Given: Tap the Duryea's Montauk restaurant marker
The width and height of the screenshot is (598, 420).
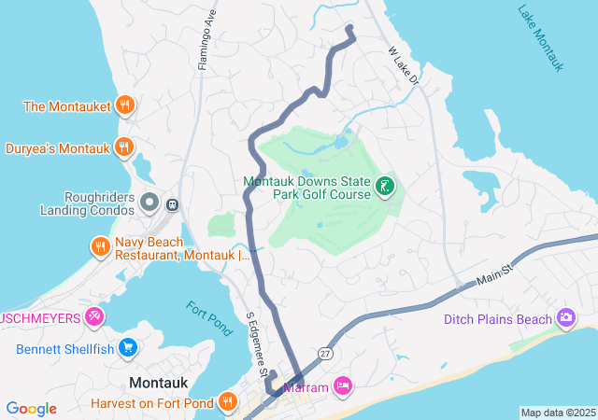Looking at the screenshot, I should coord(122,147).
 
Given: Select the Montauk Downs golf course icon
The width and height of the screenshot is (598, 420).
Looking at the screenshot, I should coord(384,187).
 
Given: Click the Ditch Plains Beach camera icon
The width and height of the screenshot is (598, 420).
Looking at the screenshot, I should coord(565,320).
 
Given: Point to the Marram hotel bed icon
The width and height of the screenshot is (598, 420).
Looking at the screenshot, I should coord(343,385).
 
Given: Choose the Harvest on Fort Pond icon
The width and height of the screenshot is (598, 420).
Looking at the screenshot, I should coord(228,402).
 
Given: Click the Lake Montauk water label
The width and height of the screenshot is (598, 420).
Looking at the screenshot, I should coord(541,37).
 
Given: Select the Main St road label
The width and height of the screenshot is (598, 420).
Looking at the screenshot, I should coord(496,273).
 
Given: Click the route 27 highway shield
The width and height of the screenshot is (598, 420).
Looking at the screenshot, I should coord(324,354).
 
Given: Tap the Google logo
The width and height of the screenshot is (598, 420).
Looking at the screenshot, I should coord(32,409).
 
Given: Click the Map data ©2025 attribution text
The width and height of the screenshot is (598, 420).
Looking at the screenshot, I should coord(558,413).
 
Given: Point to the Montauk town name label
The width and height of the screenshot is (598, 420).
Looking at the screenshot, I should coord(160,383).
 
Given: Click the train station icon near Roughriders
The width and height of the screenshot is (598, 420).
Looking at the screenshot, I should coord(172,203).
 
